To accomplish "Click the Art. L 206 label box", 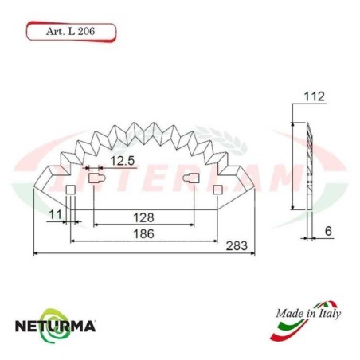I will coord(72,33).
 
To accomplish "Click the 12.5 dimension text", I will coord(122,162).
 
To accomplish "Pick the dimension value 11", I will coord(54,214).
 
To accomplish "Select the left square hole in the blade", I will coord(69,189).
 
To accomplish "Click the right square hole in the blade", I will coord(217,189).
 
